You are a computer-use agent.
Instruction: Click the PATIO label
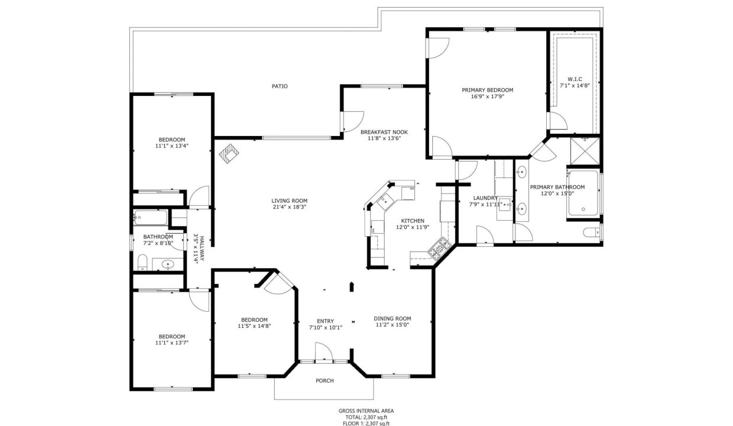click(x=280, y=86)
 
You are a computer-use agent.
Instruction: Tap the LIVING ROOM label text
click(x=289, y=201)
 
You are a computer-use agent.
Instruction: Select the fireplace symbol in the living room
click(x=229, y=154)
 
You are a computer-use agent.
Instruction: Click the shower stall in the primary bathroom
click(x=585, y=151)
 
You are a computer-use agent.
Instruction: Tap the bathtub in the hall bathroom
click(x=150, y=218)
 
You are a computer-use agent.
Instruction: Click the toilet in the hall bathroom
click(x=142, y=262)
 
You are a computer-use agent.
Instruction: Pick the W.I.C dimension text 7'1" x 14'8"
click(x=575, y=85)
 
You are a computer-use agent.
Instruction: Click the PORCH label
click(x=325, y=381)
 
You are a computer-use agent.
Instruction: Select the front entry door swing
click(x=323, y=351)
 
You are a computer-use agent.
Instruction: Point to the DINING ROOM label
click(x=393, y=318)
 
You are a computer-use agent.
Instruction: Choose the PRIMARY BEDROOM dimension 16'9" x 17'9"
click(x=487, y=96)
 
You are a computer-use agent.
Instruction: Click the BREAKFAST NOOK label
click(x=384, y=133)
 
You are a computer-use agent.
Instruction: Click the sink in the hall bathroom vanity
click(x=168, y=264)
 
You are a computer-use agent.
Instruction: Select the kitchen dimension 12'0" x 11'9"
click(x=413, y=227)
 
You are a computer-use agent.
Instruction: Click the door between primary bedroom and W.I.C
click(x=557, y=121)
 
